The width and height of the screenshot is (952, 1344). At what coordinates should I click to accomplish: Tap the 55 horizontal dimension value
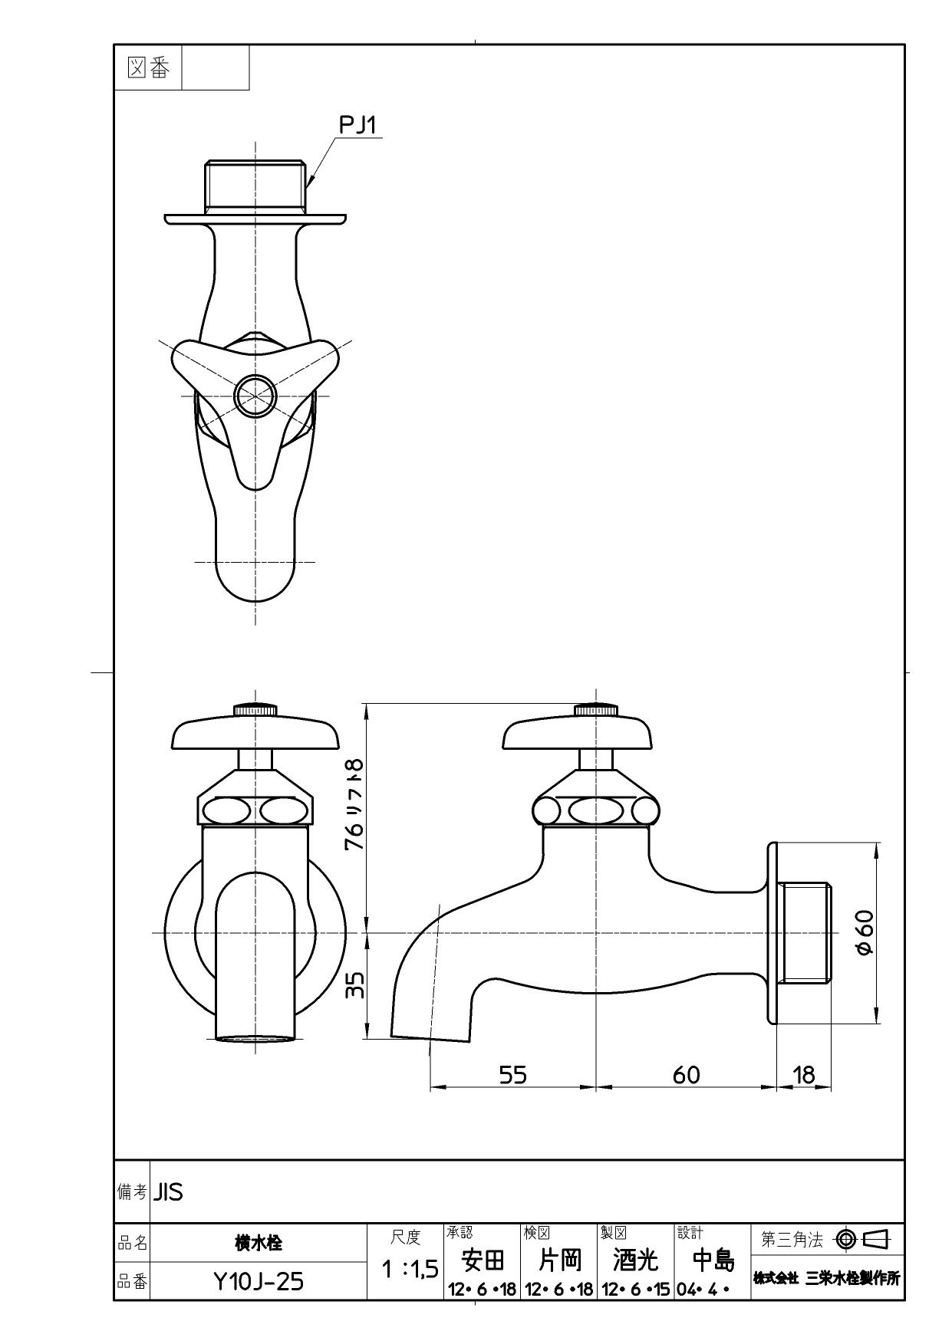click(x=513, y=1075)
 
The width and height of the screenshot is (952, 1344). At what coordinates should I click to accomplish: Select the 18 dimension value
click(x=803, y=1075)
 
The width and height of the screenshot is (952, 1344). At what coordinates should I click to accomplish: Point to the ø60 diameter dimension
click(x=864, y=933)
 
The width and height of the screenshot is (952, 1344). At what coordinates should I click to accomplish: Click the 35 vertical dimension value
click(x=354, y=986)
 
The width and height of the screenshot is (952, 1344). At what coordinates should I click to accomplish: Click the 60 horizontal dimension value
click(x=686, y=1075)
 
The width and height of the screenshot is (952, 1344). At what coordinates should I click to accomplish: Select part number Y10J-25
click(x=259, y=1281)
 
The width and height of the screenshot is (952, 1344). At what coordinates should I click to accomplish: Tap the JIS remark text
click(x=169, y=1192)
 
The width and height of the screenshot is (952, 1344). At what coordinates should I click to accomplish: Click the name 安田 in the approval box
click(x=482, y=1260)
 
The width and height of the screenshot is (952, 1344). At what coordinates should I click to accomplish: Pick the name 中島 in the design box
click(x=713, y=1260)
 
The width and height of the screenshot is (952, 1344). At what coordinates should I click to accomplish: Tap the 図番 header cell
click(x=147, y=68)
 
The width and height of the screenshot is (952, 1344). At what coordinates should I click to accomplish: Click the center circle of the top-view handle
click(x=255, y=396)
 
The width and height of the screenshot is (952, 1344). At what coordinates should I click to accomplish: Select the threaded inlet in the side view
click(x=804, y=933)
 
